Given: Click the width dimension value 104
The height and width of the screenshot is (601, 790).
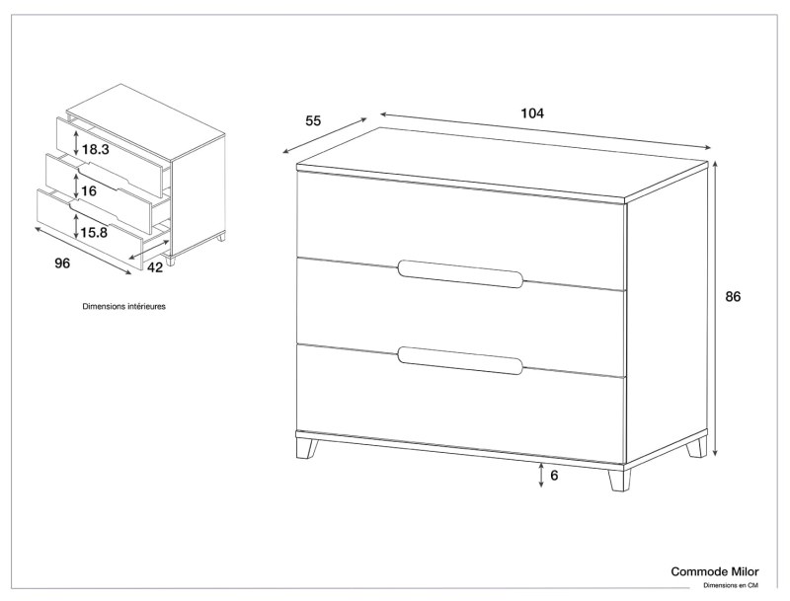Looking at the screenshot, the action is pyautogui.click(x=532, y=113).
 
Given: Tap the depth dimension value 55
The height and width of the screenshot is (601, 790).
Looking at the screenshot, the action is pyautogui.click(x=313, y=120).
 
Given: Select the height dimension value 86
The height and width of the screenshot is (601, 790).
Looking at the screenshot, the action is pyautogui.click(x=733, y=297).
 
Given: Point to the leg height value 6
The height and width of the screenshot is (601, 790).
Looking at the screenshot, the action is pyautogui.click(x=554, y=476).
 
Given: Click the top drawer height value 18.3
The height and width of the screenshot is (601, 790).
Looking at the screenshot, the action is pyautogui.click(x=95, y=149).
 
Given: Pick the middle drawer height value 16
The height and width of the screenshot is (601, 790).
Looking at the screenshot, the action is pyautogui.click(x=89, y=191).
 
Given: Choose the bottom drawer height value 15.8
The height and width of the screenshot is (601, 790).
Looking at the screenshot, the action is pyautogui.click(x=94, y=233).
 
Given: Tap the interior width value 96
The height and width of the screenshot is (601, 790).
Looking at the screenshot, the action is pyautogui.click(x=62, y=263).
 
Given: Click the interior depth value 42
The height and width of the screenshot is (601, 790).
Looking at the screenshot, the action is pyautogui.click(x=155, y=267).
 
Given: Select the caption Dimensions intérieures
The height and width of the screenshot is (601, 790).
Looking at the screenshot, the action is pyautogui.click(x=124, y=306).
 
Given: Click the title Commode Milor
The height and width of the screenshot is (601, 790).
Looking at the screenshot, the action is pyautogui.click(x=714, y=571).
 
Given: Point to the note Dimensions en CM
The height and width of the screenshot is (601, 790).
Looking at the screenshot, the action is pyautogui.click(x=731, y=585).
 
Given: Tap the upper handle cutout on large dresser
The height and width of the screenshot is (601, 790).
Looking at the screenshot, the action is pyautogui.click(x=460, y=273).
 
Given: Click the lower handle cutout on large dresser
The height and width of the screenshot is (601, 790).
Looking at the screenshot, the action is pyautogui.click(x=460, y=360).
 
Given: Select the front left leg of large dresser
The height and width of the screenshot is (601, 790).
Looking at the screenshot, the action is pyautogui.click(x=306, y=448).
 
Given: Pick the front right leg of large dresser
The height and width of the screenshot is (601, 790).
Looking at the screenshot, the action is pyautogui.click(x=619, y=481).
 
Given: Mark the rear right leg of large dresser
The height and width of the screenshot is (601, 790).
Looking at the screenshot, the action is pyautogui.click(x=697, y=447).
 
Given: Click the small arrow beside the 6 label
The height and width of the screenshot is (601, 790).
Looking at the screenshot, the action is pyautogui.click(x=541, y=476).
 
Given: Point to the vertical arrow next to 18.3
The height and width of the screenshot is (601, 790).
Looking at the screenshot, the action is pyautogui.click(x=76, y=141).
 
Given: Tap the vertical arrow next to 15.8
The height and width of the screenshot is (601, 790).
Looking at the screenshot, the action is pyautogui.click(x=76, y=226).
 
